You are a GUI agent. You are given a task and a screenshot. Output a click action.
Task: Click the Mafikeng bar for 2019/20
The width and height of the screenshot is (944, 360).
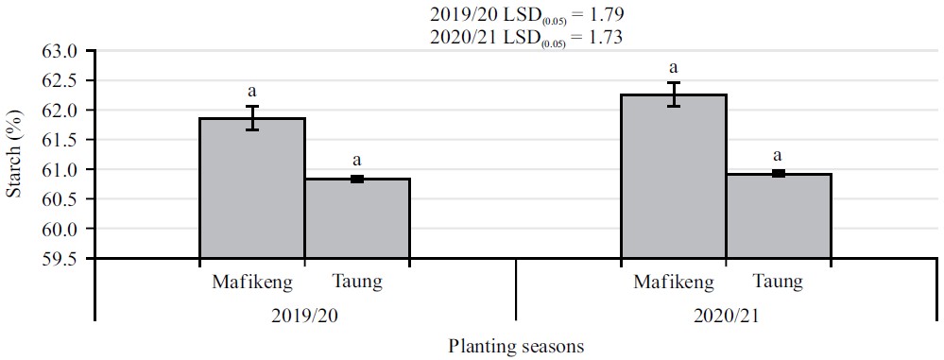coord(251,188)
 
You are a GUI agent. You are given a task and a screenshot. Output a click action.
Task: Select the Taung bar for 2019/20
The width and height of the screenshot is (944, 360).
coord(357,218)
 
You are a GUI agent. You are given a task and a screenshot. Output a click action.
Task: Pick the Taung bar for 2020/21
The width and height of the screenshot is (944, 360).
coord(779,216)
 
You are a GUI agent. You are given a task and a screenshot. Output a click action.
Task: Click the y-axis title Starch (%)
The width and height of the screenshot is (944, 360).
coord(16,155)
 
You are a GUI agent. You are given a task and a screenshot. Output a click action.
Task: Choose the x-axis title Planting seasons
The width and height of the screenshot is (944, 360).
coord(516,346)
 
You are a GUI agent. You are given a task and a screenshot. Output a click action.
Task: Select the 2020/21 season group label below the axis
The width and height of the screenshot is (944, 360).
coord(725,315)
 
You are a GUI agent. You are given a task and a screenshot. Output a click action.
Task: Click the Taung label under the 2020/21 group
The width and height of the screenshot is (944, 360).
coord(779,282)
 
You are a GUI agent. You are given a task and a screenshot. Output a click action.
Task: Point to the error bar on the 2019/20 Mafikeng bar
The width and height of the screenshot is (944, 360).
coord(251,118)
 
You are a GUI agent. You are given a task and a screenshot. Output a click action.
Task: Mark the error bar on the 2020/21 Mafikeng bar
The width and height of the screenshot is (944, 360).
coord(673,94)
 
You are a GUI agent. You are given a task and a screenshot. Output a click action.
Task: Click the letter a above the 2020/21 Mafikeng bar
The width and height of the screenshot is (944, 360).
coord(673,68)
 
